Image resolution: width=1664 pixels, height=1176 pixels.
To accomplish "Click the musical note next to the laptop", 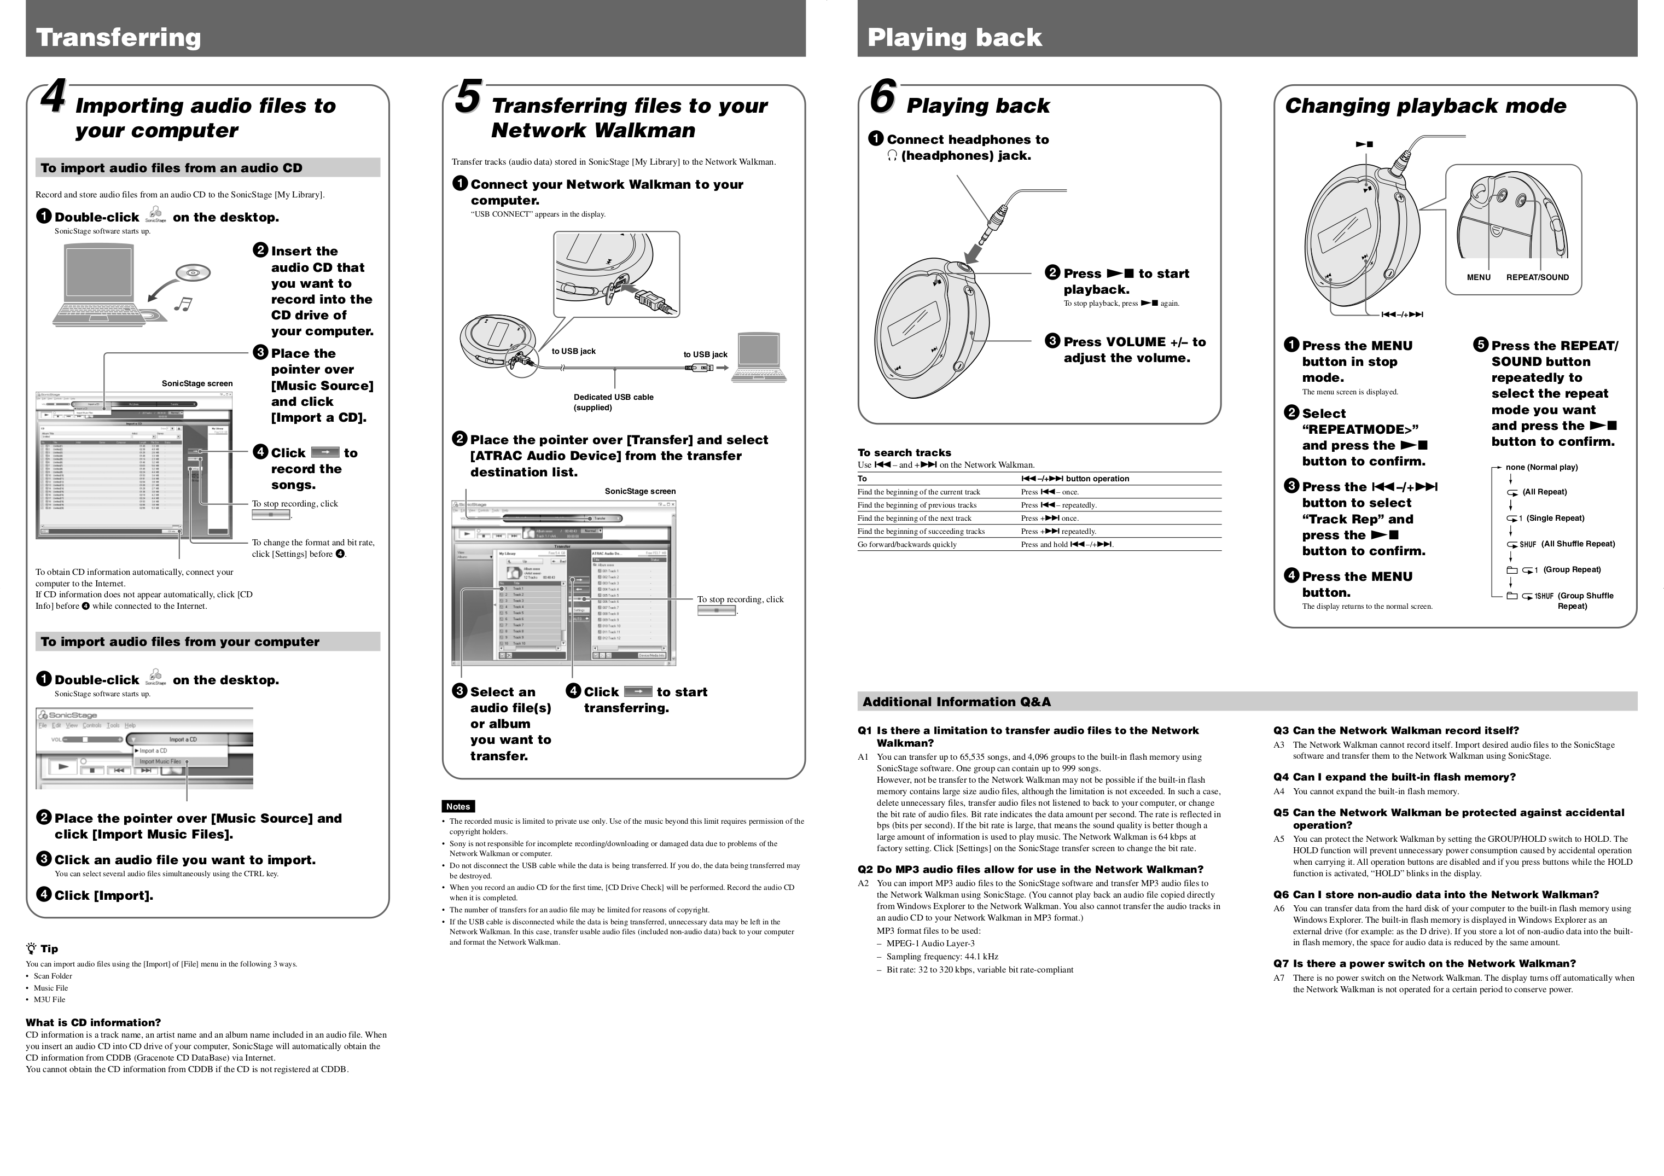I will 183,304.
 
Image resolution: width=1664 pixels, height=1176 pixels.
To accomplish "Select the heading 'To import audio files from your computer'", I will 180,642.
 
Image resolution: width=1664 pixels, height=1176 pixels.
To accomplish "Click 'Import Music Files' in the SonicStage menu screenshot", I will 160,761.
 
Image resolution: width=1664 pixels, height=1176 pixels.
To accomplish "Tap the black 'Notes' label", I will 457,806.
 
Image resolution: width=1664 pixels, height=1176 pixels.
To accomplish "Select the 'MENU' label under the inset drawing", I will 1479,277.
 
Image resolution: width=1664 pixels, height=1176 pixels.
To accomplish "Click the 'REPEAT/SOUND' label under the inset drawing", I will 1537,277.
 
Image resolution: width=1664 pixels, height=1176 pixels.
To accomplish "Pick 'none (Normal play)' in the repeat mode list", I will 1541,467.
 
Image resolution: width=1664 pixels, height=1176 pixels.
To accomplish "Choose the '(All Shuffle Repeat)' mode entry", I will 1577,544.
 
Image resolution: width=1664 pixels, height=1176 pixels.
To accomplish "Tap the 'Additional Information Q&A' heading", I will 956,701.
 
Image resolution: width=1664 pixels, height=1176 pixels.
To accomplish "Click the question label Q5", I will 1281,813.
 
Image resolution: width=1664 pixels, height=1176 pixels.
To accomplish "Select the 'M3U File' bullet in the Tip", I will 49,999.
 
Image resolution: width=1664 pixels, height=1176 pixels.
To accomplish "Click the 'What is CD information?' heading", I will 93,1022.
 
